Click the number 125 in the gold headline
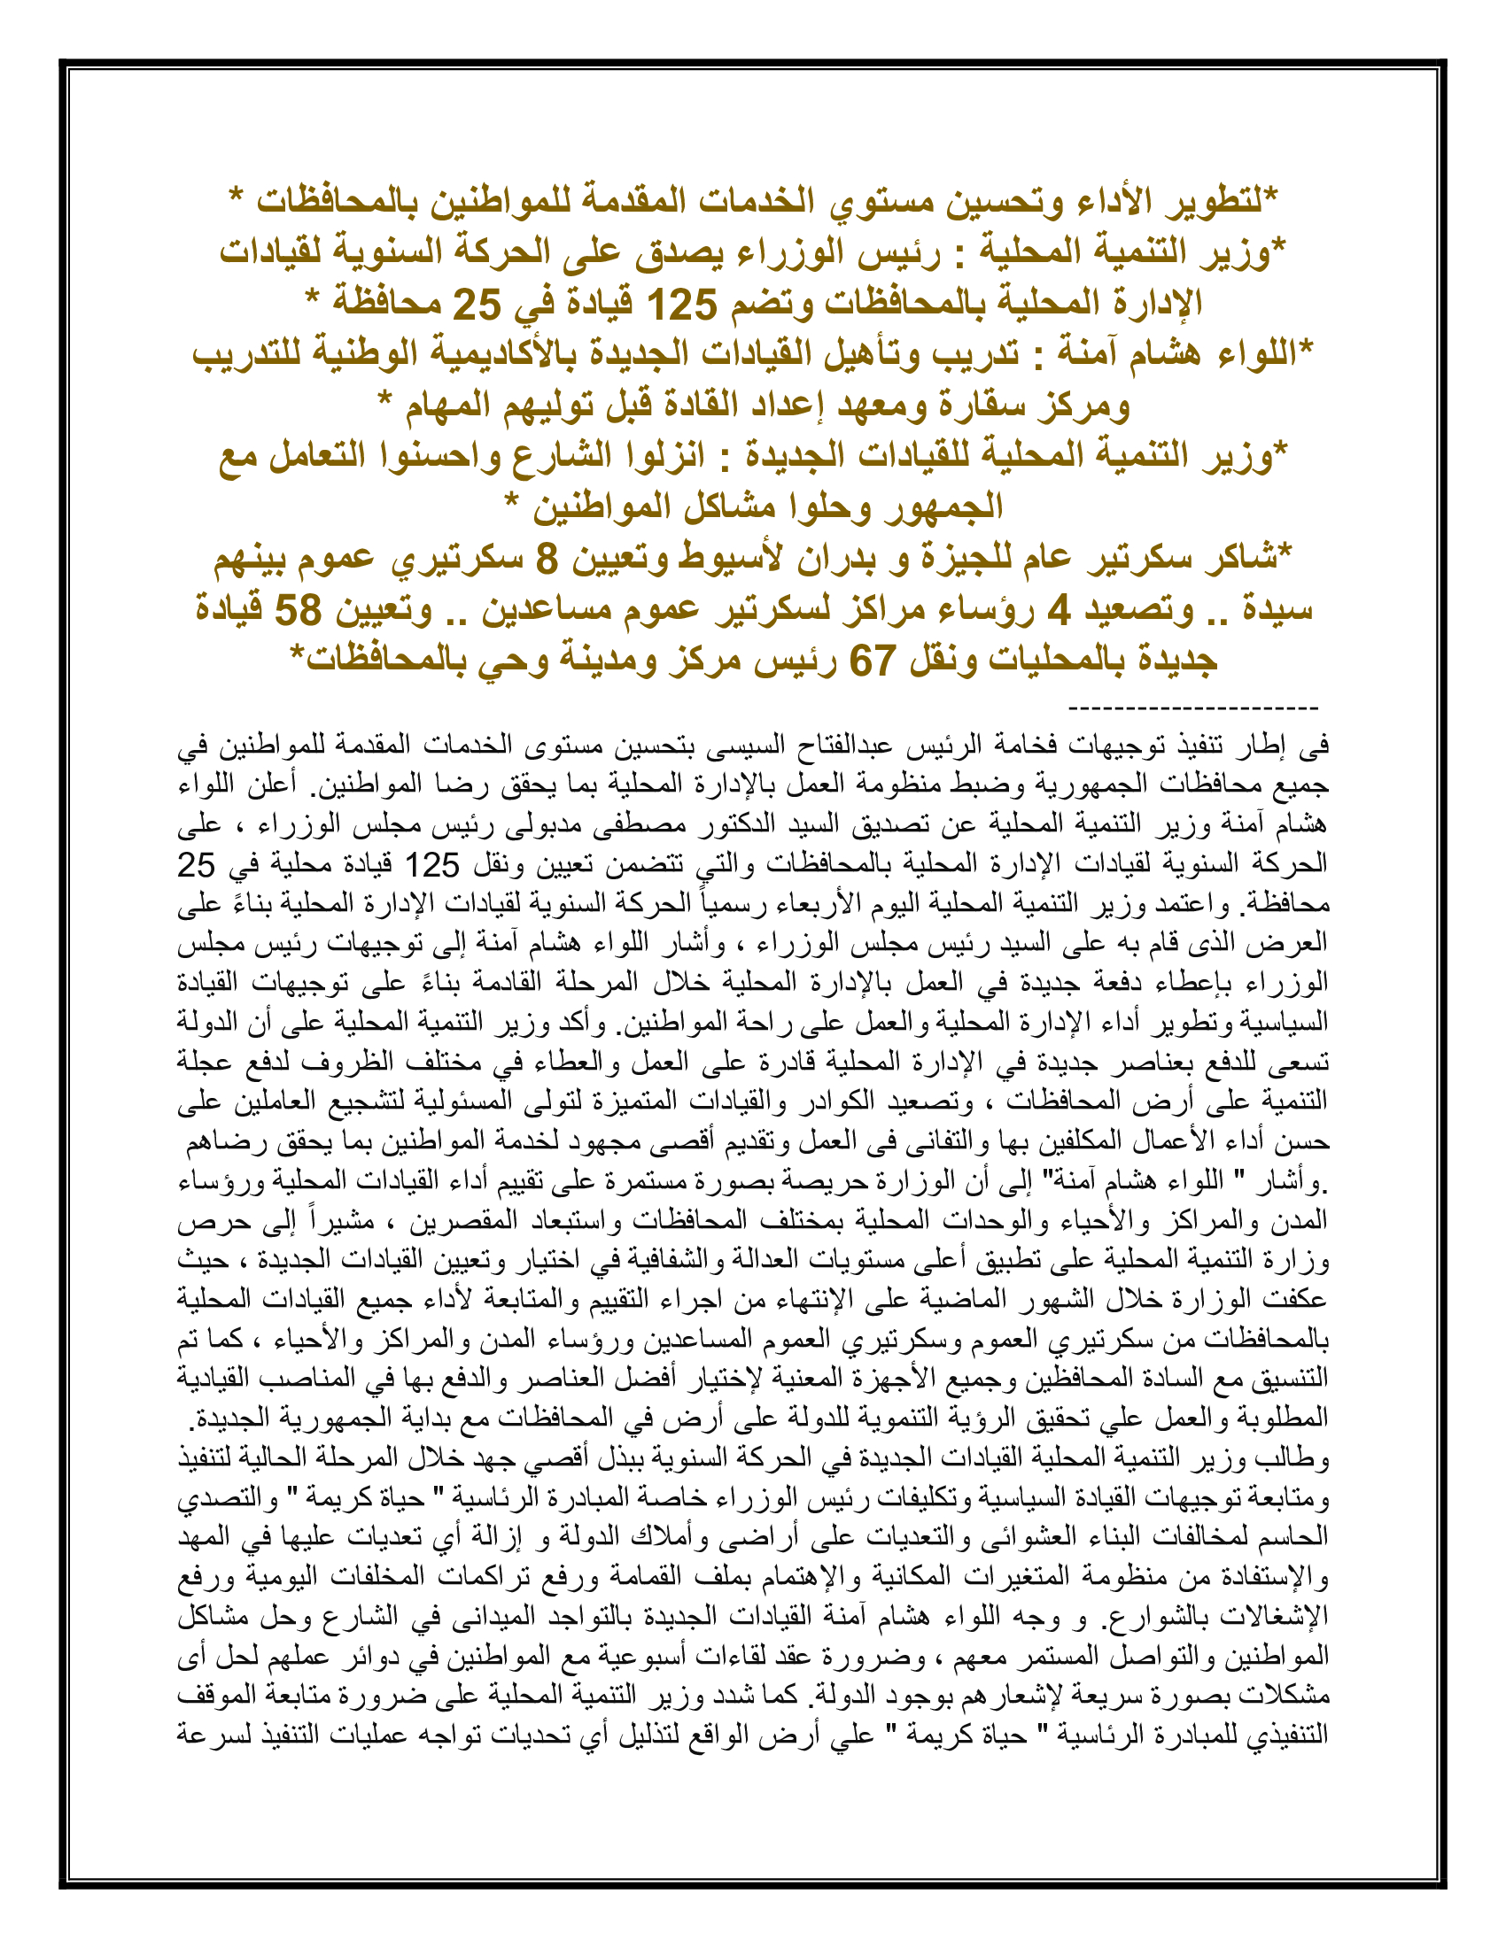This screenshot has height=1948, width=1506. (681, 305)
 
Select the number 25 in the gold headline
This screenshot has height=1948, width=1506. (477, 305)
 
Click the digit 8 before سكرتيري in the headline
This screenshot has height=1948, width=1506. (546, 560)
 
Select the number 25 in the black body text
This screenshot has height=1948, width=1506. (197, 864)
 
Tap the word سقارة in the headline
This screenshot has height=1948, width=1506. (999, 406)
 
